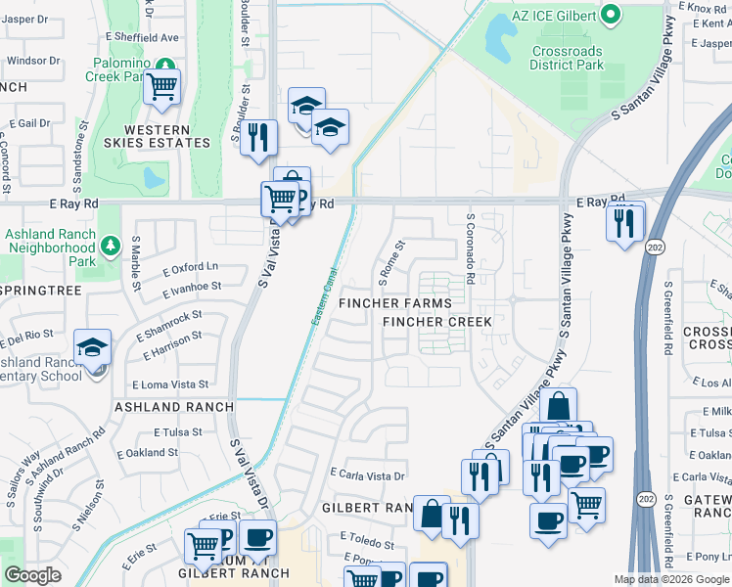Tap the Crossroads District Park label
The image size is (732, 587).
pos(567,58)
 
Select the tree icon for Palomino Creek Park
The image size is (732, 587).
pos(167,66)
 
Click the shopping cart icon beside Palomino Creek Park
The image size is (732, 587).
pos(162,88)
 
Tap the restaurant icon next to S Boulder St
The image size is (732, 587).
pos(258,136)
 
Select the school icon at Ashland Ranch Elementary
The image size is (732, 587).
pos(93,348)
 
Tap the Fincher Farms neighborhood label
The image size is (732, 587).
pos(395,303)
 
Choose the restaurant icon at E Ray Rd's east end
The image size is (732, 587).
pos(623,224)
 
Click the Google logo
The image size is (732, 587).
pos(32,575)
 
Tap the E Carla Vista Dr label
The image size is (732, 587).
pos(368,475)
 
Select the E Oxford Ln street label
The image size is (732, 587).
pos(191,267)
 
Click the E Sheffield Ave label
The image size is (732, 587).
pos(143,38)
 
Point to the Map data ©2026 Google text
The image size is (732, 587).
pos(671,579)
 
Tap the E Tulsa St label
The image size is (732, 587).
pos(178,431)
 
